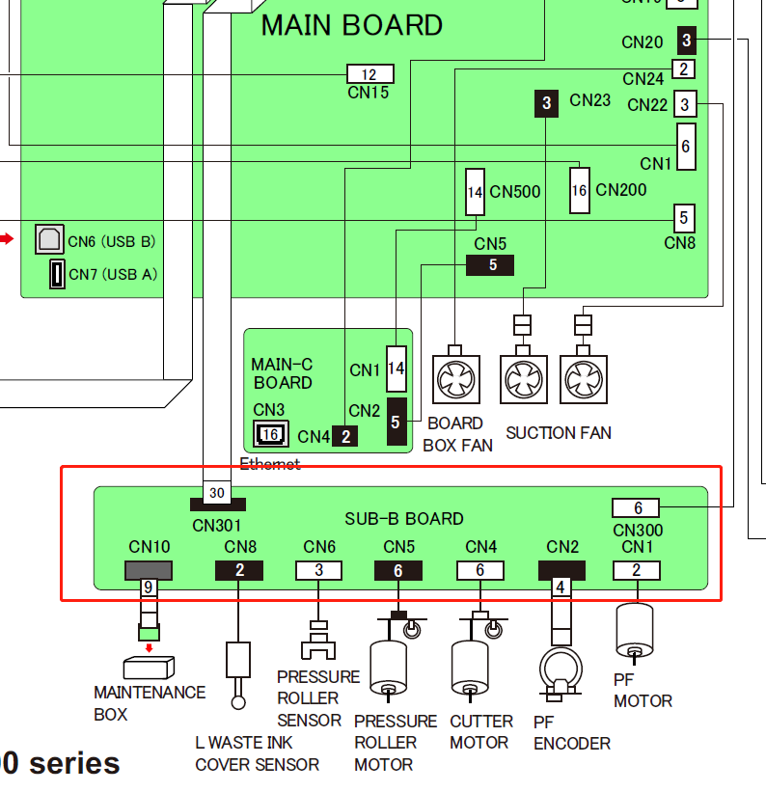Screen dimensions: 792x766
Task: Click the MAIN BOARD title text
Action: point(352,25)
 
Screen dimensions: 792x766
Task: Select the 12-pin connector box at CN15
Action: point(369,74)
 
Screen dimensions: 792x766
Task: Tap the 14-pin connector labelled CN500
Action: point(475,192)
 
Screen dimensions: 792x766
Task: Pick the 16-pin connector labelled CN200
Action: point(579,191)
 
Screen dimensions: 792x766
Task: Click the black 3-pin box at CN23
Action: point(547,102)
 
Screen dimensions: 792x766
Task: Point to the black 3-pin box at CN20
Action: point(686,40)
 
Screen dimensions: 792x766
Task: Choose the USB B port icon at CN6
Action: point(49,239)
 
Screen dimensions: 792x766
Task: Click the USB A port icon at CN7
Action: point(57,274)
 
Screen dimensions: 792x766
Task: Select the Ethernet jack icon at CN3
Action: point(270,435)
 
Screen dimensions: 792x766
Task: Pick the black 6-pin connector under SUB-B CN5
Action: point(398,570)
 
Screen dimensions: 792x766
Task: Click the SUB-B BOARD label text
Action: point(404,519)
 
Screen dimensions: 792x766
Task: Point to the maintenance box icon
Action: point(149,667)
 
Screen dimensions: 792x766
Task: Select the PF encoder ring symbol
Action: point(559,667)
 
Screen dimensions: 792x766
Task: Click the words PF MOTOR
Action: point(643,691)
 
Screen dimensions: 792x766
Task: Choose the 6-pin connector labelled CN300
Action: point(637,508)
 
